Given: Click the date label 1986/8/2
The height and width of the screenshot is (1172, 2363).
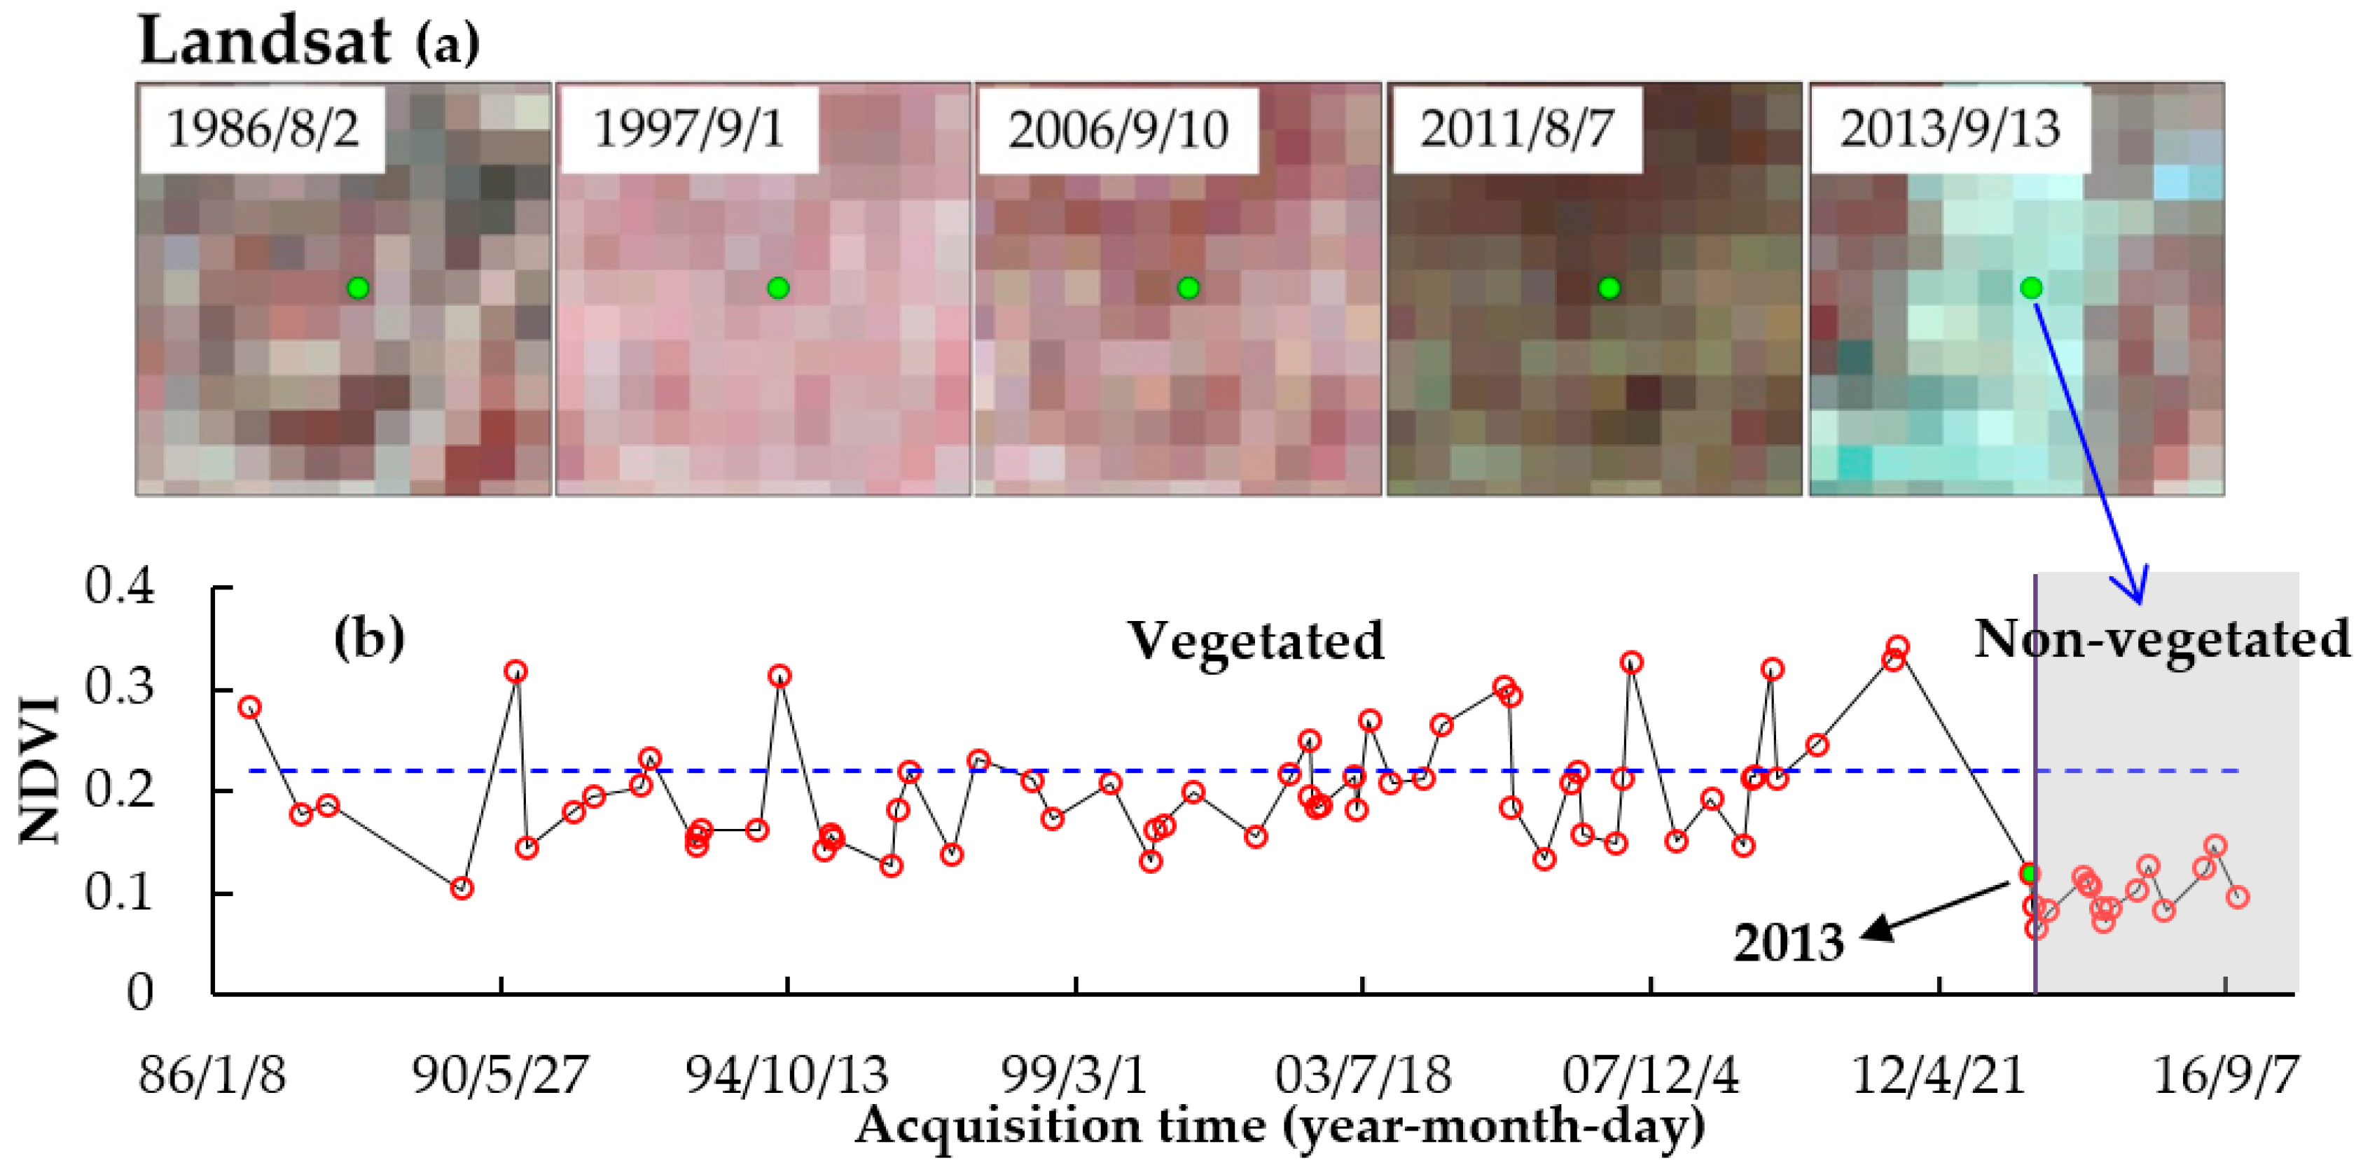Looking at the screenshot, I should point(263,128).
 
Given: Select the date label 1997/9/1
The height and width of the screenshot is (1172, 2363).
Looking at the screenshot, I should point(688,128).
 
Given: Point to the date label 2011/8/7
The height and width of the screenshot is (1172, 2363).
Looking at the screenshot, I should point(1516,128).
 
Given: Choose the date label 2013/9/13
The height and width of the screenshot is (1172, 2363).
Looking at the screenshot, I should point(1949,128).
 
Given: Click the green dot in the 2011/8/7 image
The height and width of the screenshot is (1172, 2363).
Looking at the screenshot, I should point(1609,288).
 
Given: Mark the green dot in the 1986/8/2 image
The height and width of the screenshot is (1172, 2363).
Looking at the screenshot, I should point(358,288).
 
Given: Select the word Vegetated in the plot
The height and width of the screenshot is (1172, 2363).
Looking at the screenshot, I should point(1255,640).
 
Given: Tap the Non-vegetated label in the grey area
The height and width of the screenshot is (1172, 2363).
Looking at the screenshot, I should point(2161,639).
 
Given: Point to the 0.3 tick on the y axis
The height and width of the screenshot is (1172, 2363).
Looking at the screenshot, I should point(119,687).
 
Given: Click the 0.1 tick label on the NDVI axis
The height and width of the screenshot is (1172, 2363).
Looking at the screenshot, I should point(119,891).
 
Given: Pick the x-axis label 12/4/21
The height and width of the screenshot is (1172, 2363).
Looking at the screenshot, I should point(1939,1075).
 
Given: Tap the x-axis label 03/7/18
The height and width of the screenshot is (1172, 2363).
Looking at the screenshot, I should point(1362,1075).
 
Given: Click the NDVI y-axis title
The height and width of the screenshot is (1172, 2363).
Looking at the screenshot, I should point(41,770).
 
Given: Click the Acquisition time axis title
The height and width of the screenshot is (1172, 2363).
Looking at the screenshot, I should point(1280,1126).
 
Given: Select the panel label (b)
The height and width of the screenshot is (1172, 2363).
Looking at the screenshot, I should point(369,636).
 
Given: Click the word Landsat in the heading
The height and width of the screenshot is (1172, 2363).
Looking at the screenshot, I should point(264,41).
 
